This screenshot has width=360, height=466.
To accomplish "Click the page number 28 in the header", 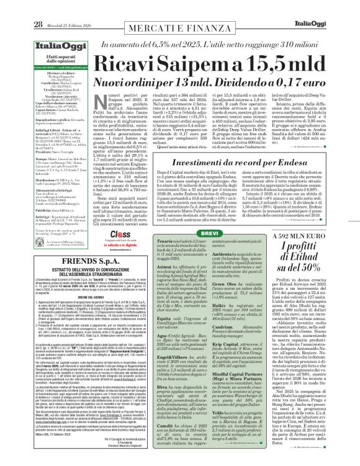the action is click(20, 7).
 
